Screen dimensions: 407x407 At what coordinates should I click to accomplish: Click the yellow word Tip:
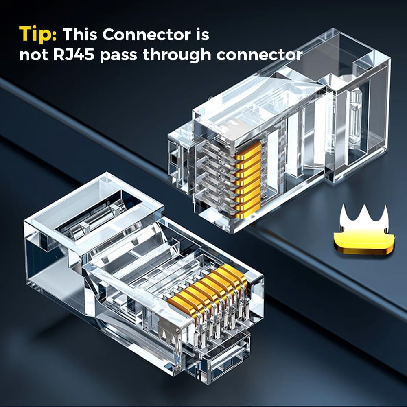pyautogui.click(x=38, y=35)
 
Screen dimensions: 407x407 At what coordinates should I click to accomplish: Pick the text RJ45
pyautogui.click(x=75, y=54)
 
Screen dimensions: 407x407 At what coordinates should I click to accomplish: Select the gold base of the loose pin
pyautogui.click(x=362, y=242)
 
